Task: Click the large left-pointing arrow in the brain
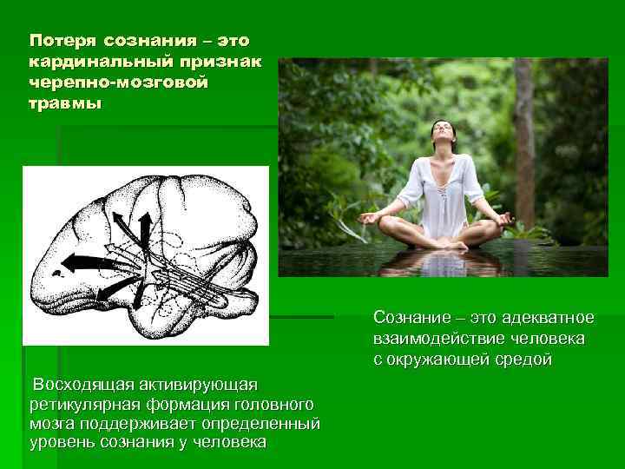tap(90, 262)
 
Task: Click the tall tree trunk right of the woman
tap(523, 130)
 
